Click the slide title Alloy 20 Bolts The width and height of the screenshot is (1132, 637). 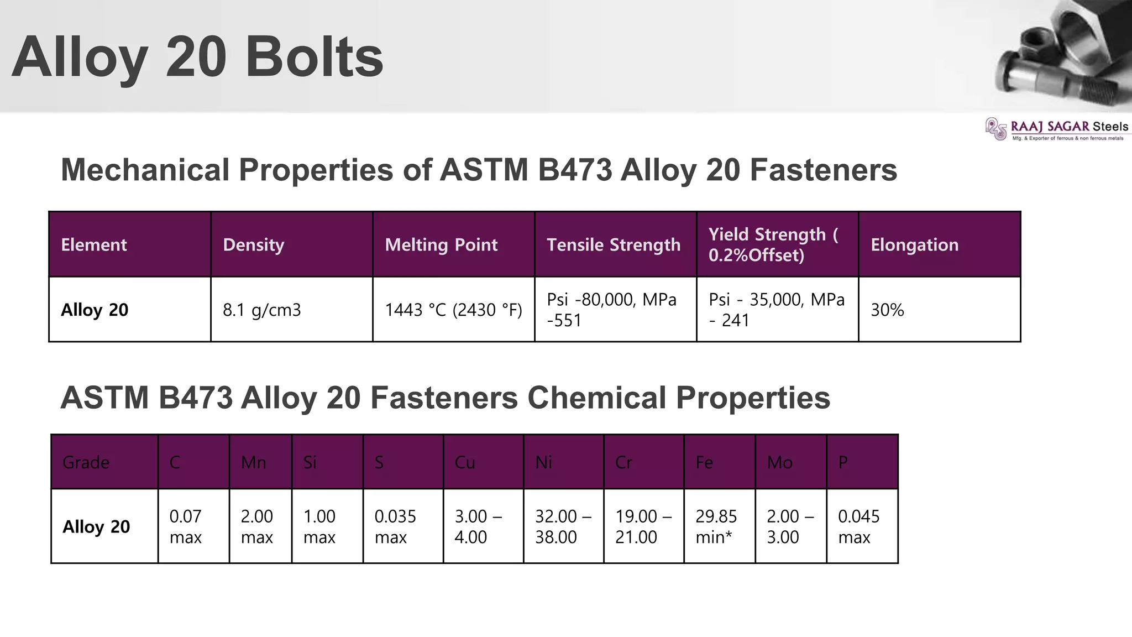click(x=197, y=58)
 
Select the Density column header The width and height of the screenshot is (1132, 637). click(x=254, y=244)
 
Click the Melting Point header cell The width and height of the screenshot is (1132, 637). click(x=441, y=244)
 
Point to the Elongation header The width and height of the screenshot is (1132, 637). click(x=914, y=244)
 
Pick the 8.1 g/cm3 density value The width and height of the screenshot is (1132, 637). click(x=262, y=310)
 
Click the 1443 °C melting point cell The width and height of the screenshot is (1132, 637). click(x=453, y=310)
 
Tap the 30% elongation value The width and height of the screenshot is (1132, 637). click(x=887, y=310)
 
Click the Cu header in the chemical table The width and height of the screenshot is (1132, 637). click(x=465, y=462)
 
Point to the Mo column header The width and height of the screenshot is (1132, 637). click(x=779, y=462)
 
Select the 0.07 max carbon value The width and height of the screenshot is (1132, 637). click(x=186, y=526)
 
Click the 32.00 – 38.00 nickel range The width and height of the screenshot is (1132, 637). click(x=563, y=526)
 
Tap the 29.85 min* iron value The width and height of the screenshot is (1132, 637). click(x=716, y=526)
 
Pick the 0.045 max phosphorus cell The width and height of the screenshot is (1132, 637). click(x=858, y=526)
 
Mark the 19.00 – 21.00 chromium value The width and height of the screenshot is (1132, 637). click(x=643, y=526)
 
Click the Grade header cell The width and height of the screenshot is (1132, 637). click(x=86, y=462)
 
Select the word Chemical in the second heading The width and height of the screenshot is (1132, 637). click(x=597, y=398)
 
